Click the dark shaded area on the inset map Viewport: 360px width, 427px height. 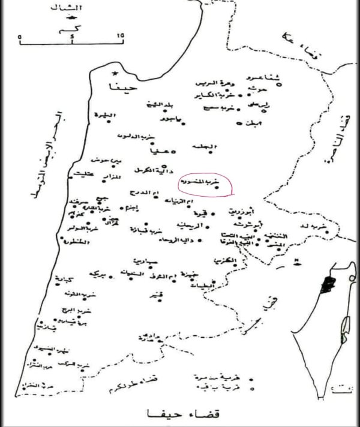pos(328,285)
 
